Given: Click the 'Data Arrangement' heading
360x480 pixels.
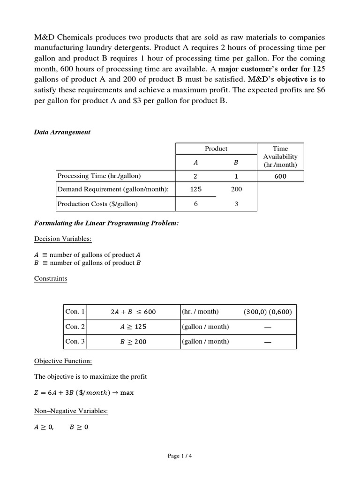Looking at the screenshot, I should [62, 132].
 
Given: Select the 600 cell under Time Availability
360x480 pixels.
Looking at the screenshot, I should [281, 176].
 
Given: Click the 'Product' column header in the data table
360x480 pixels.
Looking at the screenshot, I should [216, 149].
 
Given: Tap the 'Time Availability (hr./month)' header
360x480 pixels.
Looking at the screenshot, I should [281, 157].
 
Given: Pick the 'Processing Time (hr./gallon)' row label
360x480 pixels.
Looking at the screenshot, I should [99, 176].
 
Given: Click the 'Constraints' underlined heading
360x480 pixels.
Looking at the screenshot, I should [51, 278].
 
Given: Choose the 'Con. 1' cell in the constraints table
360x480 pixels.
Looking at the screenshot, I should [75, 312].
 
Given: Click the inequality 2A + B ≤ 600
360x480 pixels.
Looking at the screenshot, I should [133, 312].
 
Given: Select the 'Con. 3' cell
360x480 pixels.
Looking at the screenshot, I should [75, 342].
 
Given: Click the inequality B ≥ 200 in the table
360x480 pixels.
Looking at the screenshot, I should [133, 342].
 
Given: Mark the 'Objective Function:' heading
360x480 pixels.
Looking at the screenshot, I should [63, 361].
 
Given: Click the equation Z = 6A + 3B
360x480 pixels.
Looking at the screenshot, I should [84, 393].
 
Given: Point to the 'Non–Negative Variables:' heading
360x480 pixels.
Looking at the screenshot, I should [71, 411].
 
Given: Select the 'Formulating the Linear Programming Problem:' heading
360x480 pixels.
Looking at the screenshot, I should [106, 223].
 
